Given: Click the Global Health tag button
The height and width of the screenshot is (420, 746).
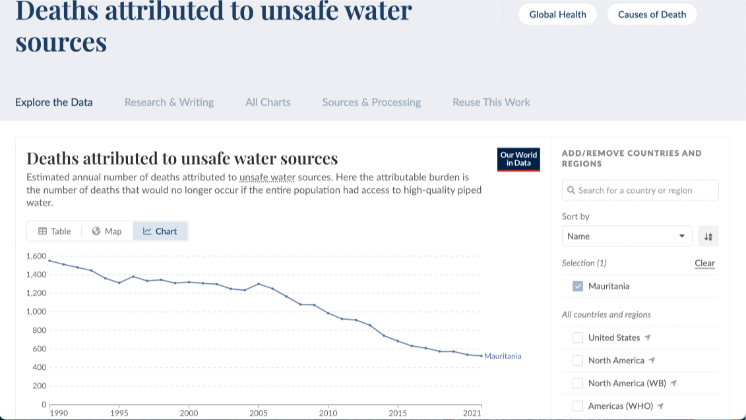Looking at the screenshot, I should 558,15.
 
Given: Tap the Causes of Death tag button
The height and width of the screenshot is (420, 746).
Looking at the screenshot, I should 652,15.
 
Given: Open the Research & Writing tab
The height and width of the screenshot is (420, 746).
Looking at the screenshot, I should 169,102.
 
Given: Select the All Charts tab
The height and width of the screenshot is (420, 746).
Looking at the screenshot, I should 268,102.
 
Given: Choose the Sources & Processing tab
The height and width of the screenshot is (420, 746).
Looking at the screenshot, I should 371,102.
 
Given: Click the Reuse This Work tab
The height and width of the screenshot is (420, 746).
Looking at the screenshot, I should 491,102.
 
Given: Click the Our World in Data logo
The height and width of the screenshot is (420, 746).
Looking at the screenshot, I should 519,159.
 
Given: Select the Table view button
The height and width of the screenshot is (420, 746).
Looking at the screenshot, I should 54,231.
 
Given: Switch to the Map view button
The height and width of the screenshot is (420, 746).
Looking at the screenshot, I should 107,231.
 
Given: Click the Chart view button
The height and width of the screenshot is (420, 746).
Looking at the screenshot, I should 160,231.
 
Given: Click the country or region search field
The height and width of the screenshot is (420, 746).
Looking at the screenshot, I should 640,190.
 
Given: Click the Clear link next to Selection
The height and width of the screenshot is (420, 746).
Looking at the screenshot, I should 704,263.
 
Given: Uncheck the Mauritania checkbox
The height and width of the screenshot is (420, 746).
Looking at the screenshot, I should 578,286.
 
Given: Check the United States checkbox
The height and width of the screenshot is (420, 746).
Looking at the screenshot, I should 578,337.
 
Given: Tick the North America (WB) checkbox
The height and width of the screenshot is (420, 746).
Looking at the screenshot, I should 578,383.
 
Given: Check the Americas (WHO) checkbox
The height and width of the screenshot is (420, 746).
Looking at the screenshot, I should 578,406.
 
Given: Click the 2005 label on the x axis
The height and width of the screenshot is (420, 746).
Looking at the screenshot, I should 258,412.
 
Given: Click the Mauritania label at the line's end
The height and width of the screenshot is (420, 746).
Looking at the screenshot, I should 503,356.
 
